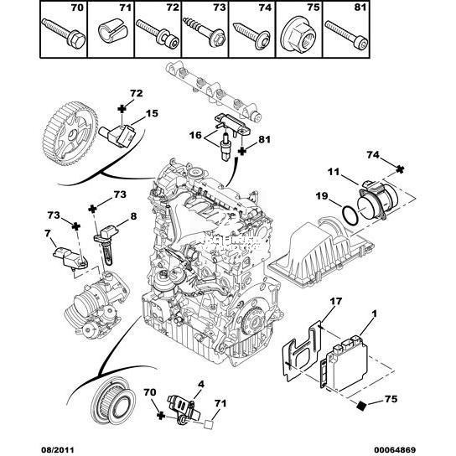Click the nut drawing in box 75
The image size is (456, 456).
tap(298, 37)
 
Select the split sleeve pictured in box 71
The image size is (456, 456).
tap(109, 30)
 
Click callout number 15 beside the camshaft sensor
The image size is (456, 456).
tap(152, 113)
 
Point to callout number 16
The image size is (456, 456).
tap(195, 135)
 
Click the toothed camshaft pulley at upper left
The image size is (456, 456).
tap(70, 133)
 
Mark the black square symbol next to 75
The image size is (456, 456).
tap(362, 405)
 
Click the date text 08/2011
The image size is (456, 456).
tap(56, 450)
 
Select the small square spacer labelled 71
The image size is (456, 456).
tap(209, 424)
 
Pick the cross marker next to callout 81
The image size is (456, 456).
tap(242, 151)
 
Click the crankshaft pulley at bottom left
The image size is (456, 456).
tap(113, 402)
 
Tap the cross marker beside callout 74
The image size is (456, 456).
tap(401, 169)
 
